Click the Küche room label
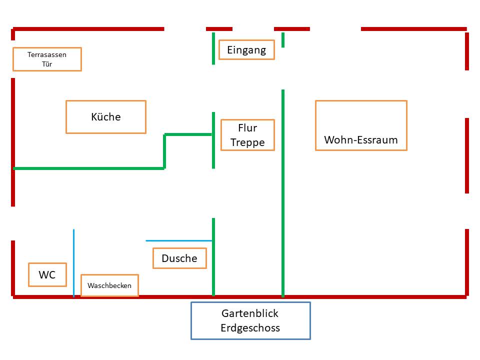[106, 117]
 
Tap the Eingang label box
[246, 50]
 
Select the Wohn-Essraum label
[361, 139]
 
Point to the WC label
[47, 274]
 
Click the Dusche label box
[179, 258]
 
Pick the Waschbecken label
[109, 285]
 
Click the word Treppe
[247, 142]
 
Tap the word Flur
[247, 128]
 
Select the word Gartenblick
[250, 313]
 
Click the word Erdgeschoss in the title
[250, 328]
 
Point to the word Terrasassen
[47, 54]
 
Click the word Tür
[47, 64]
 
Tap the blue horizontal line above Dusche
[179, 240]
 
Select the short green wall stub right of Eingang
[283, 39]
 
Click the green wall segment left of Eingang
[213, 48]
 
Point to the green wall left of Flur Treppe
[213, 140]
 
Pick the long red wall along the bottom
[240, 297]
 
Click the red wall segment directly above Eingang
[219, 29]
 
